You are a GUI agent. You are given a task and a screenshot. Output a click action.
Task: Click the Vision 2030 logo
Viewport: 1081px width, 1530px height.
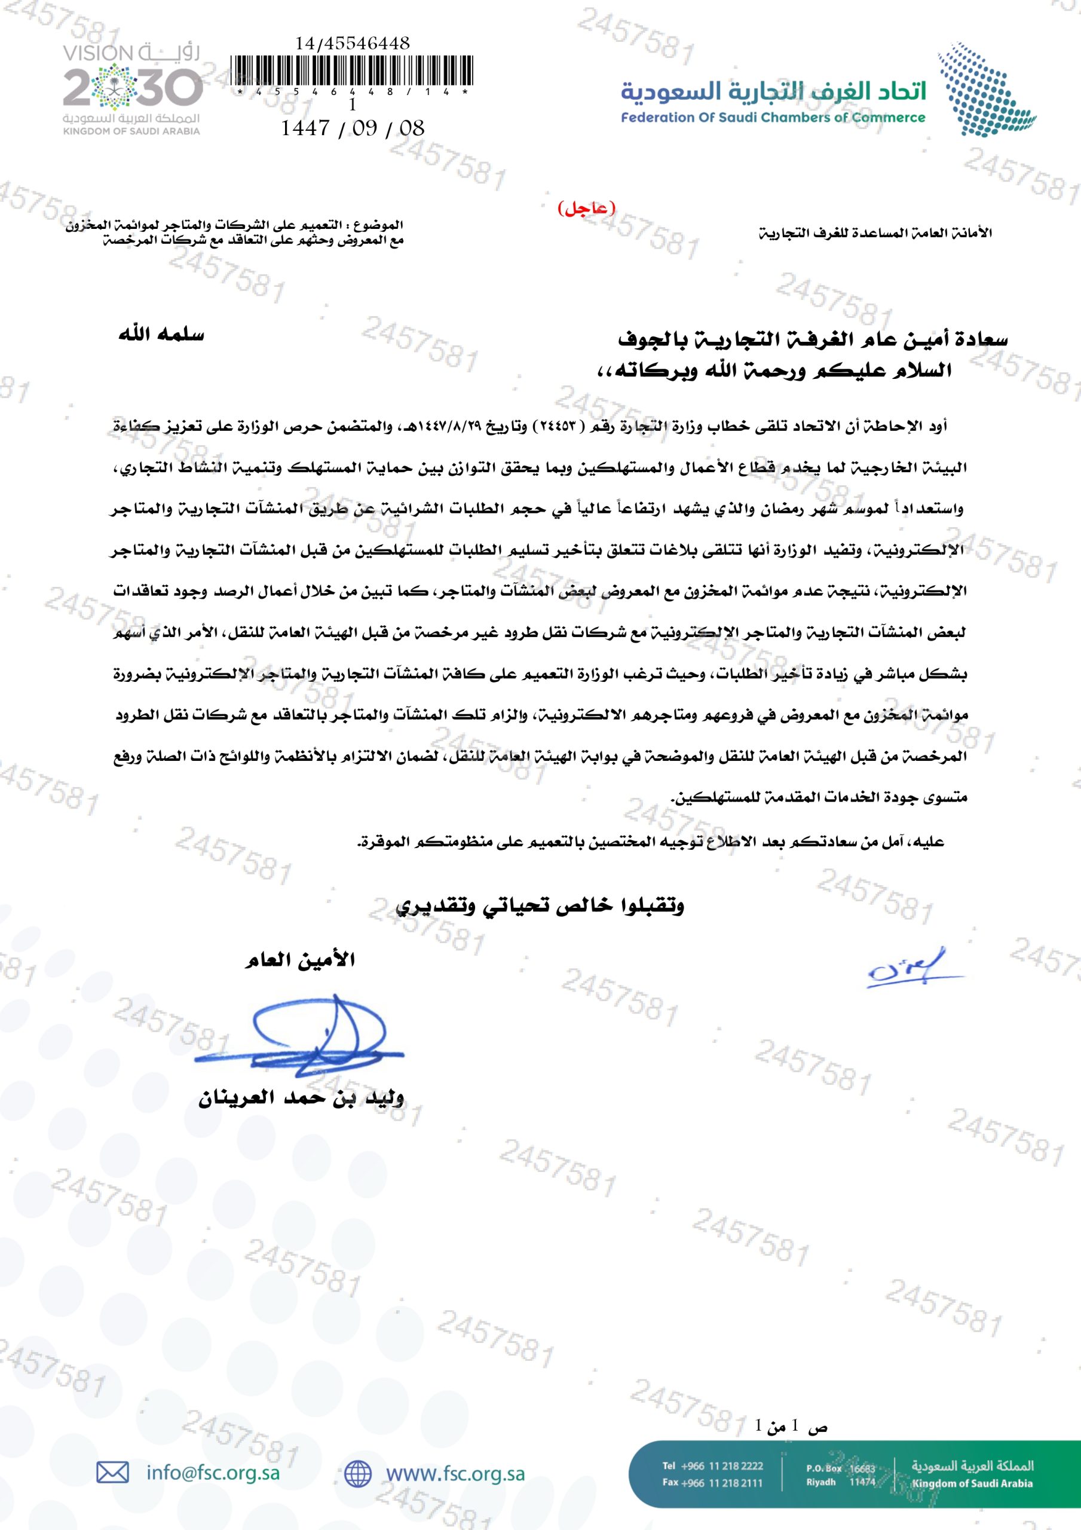point(131,88)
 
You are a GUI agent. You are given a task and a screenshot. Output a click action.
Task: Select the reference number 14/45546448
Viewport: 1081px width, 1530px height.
point(353,43)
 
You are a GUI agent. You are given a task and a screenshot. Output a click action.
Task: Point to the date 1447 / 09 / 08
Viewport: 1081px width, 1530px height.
point(353,127)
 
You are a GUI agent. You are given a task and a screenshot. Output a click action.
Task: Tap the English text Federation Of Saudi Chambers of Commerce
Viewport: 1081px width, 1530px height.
point(773,118)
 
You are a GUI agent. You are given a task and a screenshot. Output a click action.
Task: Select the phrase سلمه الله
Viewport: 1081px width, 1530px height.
point(161,335)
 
